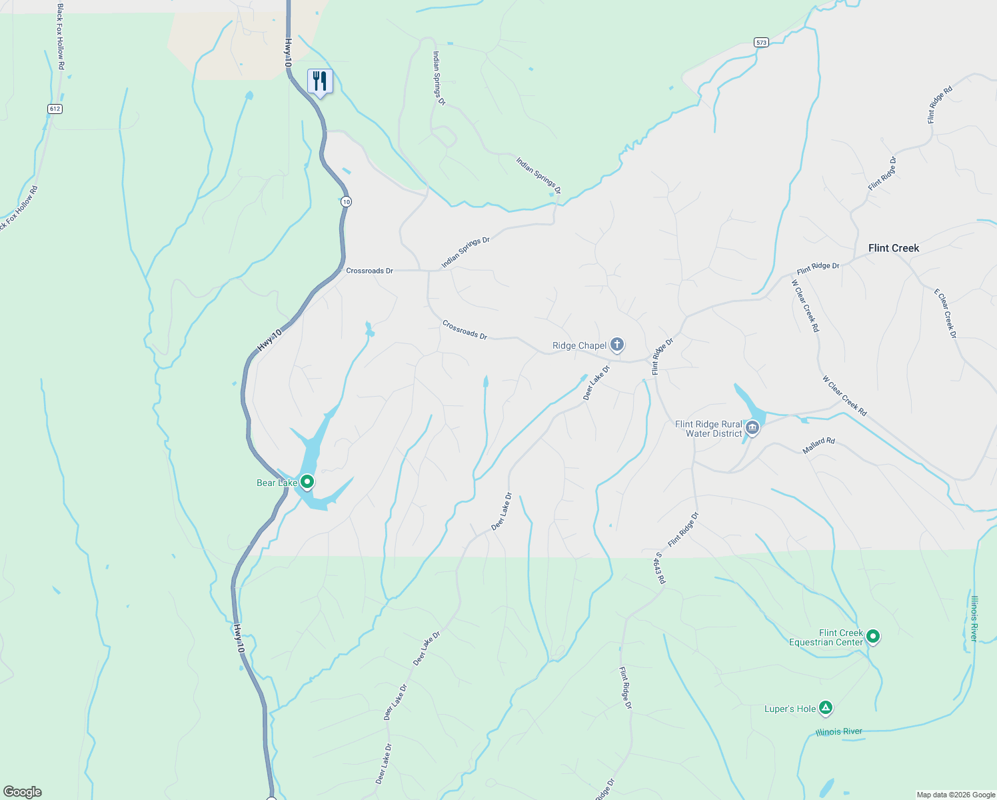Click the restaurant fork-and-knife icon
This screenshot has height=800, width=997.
[320, 81]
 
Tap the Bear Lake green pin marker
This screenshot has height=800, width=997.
[307, 481]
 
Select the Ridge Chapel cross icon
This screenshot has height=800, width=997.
[617, 345]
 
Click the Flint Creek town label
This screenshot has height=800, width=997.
[893, 248]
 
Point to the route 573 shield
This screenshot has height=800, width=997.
[761, 42]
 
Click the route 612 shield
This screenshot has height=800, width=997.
[55, 109]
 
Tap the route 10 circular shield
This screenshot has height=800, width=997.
[345, 201]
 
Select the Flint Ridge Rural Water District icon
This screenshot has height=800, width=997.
[752, 428]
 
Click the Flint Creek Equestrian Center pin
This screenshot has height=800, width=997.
[872, 637]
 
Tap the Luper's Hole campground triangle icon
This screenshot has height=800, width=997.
[826, 708]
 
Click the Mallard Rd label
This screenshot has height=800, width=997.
[818, 446]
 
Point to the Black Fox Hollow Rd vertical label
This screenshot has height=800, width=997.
[60, 37]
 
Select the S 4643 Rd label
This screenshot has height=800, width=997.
[659, 568]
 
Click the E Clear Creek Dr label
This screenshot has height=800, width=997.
[945, 313]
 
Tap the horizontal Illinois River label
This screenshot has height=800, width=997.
[838, 732]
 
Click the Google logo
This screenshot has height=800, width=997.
[23, 792]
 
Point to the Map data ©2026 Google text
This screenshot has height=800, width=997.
[956, 795]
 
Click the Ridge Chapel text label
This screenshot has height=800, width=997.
[579, 345]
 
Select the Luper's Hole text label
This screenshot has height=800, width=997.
[790, 709]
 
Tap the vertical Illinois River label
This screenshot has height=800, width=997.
[974, 619]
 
